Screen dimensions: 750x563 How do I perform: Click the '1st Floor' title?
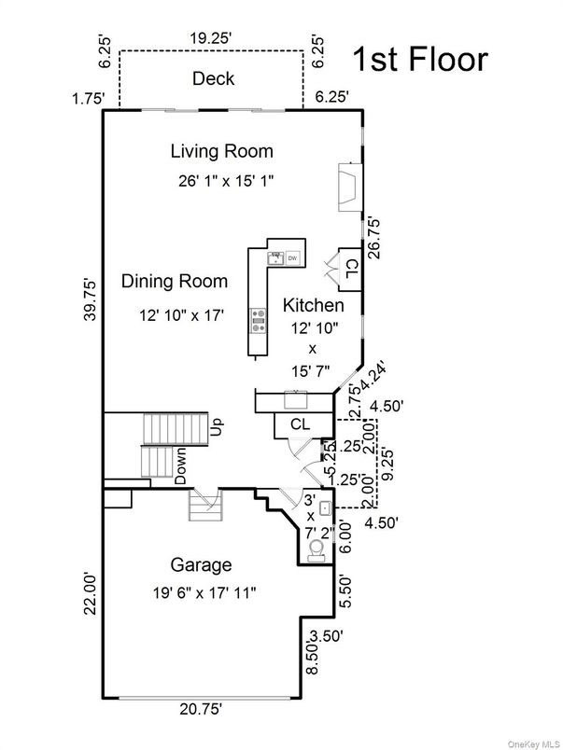(x=419, y=60)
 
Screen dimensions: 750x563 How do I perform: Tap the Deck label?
(x=213, y=78)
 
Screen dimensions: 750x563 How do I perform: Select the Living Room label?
(x=221, y=150)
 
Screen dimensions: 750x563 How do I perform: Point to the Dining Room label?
(x=175, y=281)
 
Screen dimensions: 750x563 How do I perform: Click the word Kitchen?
(x=314, y=305)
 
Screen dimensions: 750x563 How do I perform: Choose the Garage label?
(x=201, y=564)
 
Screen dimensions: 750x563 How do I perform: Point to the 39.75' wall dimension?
(x=90, y=299)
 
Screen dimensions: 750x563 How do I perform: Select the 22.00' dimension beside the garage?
(x=90, y=591)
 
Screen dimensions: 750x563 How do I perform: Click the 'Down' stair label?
(x=181, y=465)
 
